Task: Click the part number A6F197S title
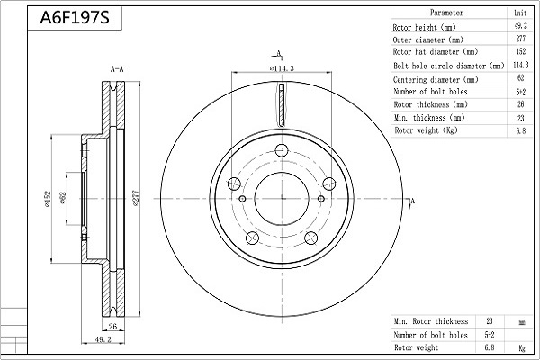[75, 18]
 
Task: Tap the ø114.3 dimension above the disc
[282, 68]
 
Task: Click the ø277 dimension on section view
[135, 198]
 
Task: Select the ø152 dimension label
[47, 199]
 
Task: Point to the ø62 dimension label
[63, 198]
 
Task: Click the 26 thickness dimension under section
[112, 326]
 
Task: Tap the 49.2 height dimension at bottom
[103, 339]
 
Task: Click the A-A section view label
[117, 69]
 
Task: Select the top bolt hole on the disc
[282, 150]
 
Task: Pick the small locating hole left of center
[242, 199]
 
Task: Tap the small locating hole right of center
[321, 199]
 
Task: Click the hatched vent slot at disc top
[282, 104]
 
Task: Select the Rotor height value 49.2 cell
[520, 26]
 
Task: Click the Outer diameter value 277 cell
[520, 39]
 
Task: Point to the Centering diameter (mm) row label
[436, 79]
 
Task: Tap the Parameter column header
[446, 13]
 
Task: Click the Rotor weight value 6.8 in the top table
[521, 130]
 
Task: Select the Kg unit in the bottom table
[522, 348]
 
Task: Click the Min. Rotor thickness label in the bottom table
[431, 321]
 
